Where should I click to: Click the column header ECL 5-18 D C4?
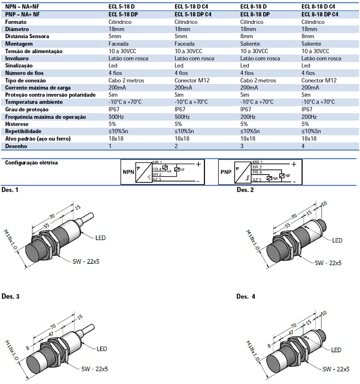pos(193,6)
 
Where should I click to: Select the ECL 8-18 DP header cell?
pos(255,15)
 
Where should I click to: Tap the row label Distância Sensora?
pos(27,36)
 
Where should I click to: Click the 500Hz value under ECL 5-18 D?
pos(116,117)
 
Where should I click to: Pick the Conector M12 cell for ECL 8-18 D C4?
pos(319,81)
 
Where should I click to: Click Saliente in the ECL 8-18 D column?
pos(250,44)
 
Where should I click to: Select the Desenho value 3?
pos(242,146)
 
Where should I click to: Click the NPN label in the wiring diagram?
pos(128,172)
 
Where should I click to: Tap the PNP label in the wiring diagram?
pos(226,172)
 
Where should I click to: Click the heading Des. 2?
pos(245,190)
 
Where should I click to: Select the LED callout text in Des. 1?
pos(101,238)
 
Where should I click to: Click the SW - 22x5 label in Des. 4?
pos(336,369)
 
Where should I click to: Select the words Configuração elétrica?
pos(31,163)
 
